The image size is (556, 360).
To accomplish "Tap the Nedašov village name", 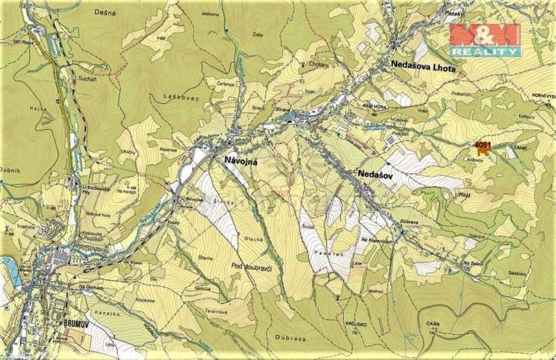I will point(375,176).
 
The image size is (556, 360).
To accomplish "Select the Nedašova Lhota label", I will point(423,68).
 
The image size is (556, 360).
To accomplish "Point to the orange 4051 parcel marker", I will point(483,148).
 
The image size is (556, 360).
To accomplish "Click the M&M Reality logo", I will point(484,39).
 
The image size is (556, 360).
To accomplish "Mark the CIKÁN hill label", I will point(434,325).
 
